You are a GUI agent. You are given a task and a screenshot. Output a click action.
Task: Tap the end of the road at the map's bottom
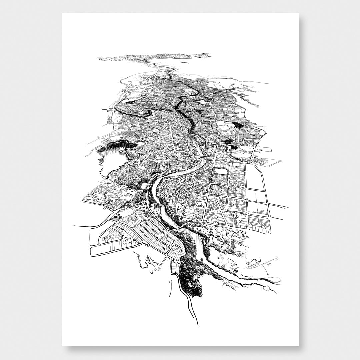(198, 325)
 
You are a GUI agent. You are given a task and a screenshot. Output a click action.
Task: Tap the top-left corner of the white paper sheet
(62, 14)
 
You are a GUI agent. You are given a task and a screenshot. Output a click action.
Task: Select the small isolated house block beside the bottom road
(175, 267)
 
